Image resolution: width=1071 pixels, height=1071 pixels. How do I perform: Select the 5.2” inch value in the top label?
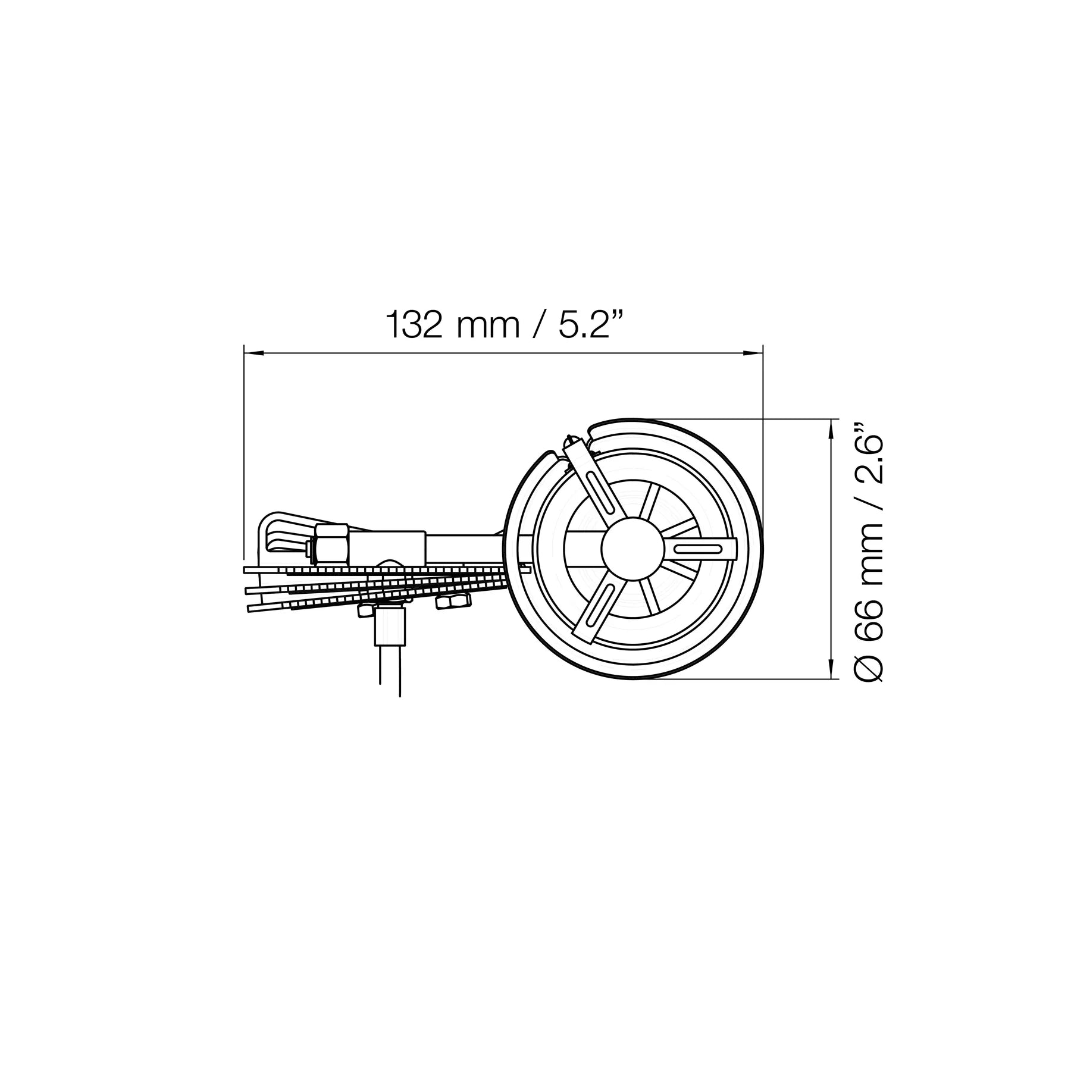tap(585, 325)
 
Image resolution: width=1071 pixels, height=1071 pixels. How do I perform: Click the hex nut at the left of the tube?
tap(331, 543)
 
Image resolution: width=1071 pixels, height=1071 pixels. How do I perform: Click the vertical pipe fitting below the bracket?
tap(390, 626)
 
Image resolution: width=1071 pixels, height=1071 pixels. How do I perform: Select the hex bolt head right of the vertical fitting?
tap(453, 602)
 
